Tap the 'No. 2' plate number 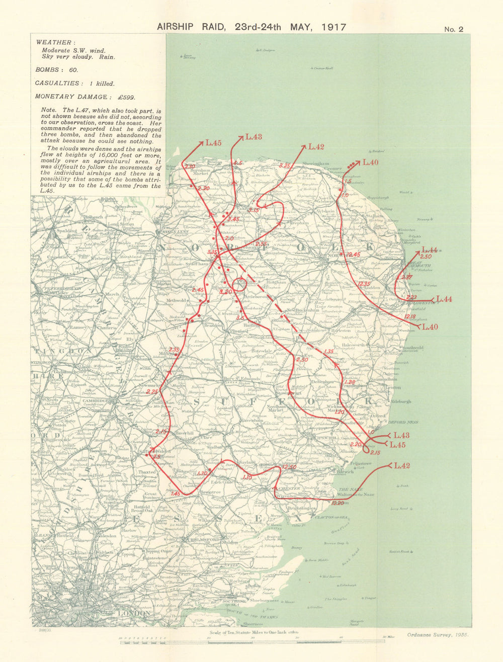[453, 29]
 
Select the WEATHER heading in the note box [56, 43]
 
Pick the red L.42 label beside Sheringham [316, 147]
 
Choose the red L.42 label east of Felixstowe [402, 466]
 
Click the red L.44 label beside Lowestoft [444, 299]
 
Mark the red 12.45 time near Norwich [353, 255]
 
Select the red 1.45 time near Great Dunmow [175, 493]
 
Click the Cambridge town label [96, 401]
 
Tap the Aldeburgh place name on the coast [401, 401]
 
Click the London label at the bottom [133, 614]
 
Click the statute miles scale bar [251, 640]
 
